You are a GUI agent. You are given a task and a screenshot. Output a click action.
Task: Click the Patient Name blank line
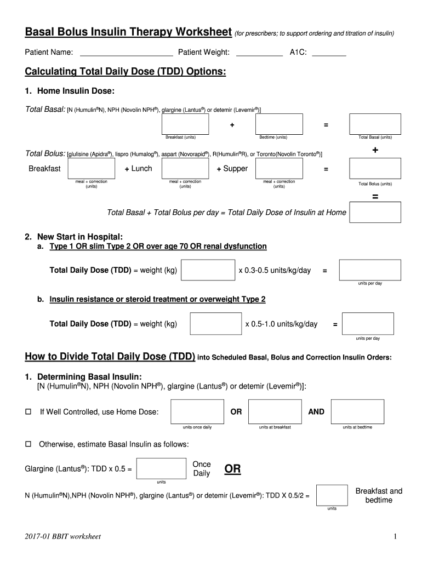coord(126,53)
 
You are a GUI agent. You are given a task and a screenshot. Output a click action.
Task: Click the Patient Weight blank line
coord(259,53)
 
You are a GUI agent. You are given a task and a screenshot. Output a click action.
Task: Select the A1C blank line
coord(329,53)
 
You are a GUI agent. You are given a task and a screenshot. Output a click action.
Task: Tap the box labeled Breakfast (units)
coord(180,123)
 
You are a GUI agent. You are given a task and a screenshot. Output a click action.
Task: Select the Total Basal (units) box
coord(375,123)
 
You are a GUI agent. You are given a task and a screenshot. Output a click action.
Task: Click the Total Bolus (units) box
coord(375,167)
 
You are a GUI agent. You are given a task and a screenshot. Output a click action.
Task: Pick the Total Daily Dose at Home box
coord(375,212)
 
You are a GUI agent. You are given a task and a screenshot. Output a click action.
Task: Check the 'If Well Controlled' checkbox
coord(28,412)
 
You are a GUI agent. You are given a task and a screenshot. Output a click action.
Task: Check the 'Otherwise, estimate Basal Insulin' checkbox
coord(28,444)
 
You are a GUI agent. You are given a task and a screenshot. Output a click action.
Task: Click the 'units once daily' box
coord(197,411)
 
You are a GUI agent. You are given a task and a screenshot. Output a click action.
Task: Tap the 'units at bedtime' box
coord(357,411)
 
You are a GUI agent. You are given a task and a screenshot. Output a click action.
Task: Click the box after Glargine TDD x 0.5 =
coord(161,468)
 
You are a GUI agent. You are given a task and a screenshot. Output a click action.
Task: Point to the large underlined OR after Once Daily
coord(232,470)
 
